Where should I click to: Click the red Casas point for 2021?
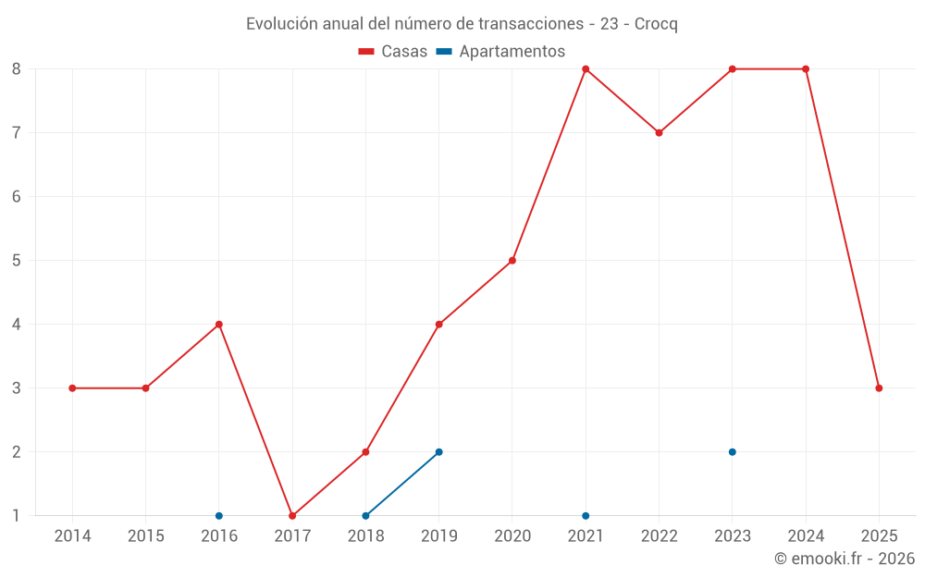point(586,69)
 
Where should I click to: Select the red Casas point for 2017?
point(292,516)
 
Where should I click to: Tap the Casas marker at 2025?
point(879,388)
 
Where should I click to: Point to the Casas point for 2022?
point(659,133)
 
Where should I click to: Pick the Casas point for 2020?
point(512,261)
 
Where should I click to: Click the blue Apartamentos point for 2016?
point(219,516)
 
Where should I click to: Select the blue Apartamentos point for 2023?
point(732,452)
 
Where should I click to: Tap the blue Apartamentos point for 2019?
point(438,452)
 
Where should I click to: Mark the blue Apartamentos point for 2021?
point(586,516)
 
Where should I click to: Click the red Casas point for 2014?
point(72,388)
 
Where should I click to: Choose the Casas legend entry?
point(393,52)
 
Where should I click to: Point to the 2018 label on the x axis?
point(365,536)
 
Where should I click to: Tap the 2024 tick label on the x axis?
point(806,536)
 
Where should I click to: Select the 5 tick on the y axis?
point(17,261)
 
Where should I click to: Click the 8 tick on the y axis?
point(17,69)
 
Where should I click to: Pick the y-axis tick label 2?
point(17,452)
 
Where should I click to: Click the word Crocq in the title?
point(656,24)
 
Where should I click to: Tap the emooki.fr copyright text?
point(844,559)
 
